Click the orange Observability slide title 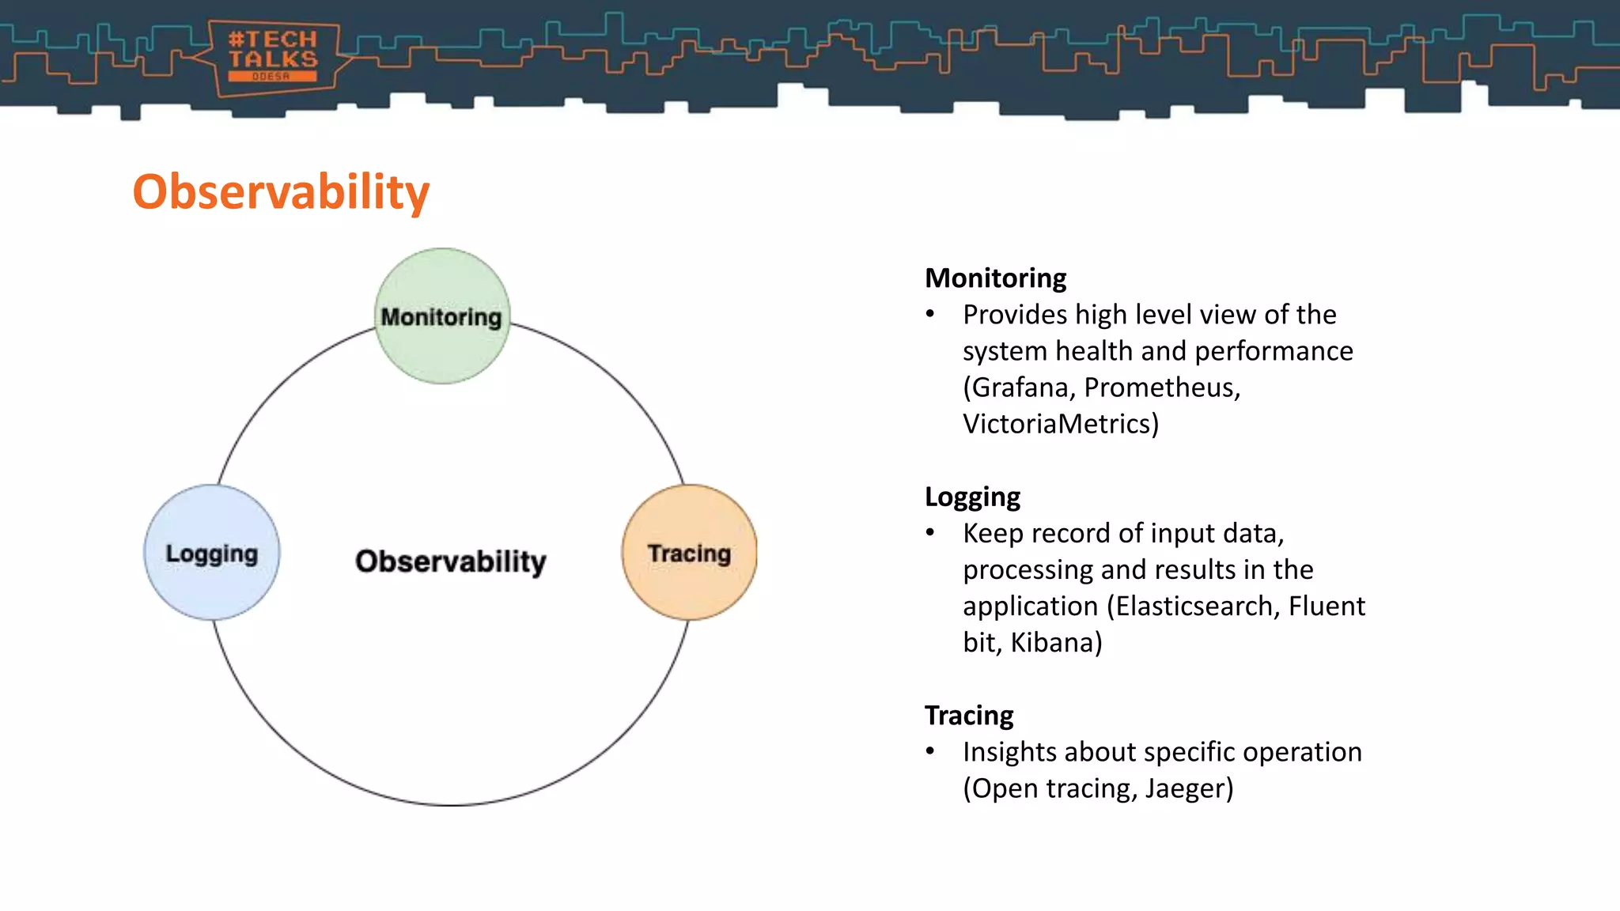point(281,192)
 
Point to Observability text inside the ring point(450,561)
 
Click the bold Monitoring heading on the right point(995,278)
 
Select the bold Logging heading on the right point(972,497)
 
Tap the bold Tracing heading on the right point(969,715)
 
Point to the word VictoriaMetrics point(1060,424)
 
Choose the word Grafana point(1020,387)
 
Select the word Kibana point(1055,642)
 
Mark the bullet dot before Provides point(931,315)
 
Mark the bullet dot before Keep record point(931,534)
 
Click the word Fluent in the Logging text point(1327,606)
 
